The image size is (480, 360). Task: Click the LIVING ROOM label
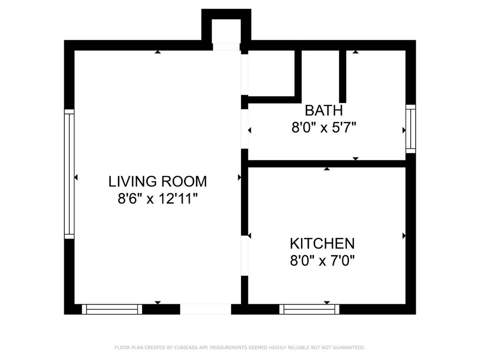(157, 181)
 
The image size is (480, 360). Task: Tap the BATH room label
(324, 111)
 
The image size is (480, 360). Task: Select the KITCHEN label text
(322, 244)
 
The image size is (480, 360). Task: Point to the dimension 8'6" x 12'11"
(157, 199)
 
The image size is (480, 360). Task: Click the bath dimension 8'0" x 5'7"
(324, 127)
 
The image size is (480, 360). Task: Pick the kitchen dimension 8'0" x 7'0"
(322, 261)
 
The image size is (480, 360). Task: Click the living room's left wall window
(69, 174)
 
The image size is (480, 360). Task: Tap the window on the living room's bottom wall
(112, 309)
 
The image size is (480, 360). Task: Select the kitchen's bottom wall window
(309, 309)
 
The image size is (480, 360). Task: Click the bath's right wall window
(411, 129)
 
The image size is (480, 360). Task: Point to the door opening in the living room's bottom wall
(205, 309)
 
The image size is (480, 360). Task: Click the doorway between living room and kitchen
(244, 255)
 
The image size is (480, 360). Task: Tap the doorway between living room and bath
(244, 129)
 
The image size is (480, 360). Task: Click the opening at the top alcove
(226, 47)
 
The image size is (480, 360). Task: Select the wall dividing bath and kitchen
(327, 164)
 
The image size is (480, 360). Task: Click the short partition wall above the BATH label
(343, 76)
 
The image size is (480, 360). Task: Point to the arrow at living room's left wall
(76, 177)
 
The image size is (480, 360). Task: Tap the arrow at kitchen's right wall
(404, 236)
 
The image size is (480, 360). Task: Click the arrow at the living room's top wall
(157, 52)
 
